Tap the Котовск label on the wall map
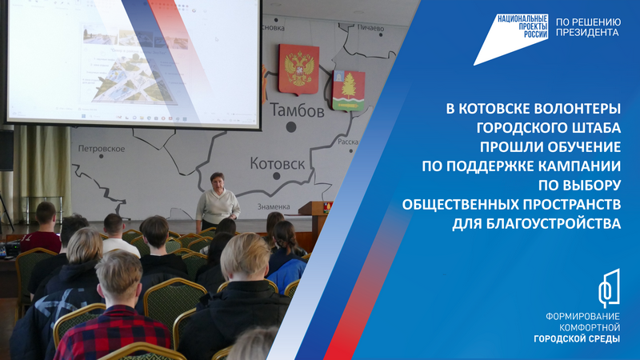click(x=277, y=164)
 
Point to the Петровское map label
click(x=102, y=149)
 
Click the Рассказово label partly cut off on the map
click(x=346, y=142)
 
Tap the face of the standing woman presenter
click(x=217, y=181)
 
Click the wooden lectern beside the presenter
click(x=314, y=219)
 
